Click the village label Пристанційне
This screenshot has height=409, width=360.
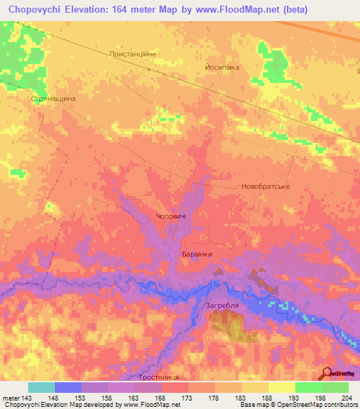pos(132,53)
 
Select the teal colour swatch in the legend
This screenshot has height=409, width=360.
pos(41,387)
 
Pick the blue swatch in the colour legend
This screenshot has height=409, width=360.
pos(68,387)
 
